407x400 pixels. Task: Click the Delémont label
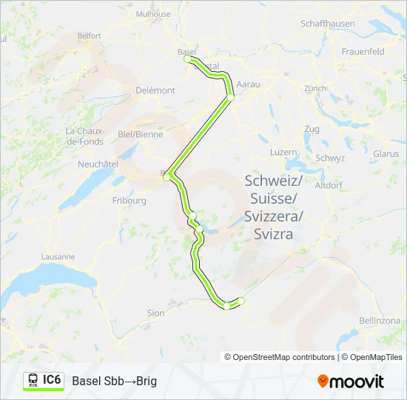click(155, 90)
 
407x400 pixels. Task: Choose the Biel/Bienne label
click(140, 135)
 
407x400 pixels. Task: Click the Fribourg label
click(129, 200)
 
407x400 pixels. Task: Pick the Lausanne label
click(57, 257)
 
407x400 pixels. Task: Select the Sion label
click(155, 313)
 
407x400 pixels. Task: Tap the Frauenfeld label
click(363, 52)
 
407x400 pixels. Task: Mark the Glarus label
click(386, 154)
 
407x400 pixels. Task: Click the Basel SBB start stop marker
click(189, 59)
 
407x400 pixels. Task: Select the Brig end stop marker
click(241, 300)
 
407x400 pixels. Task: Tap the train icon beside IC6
click(33, 380)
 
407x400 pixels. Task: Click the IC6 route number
click(52, 380)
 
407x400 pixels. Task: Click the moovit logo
click(351, 381)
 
